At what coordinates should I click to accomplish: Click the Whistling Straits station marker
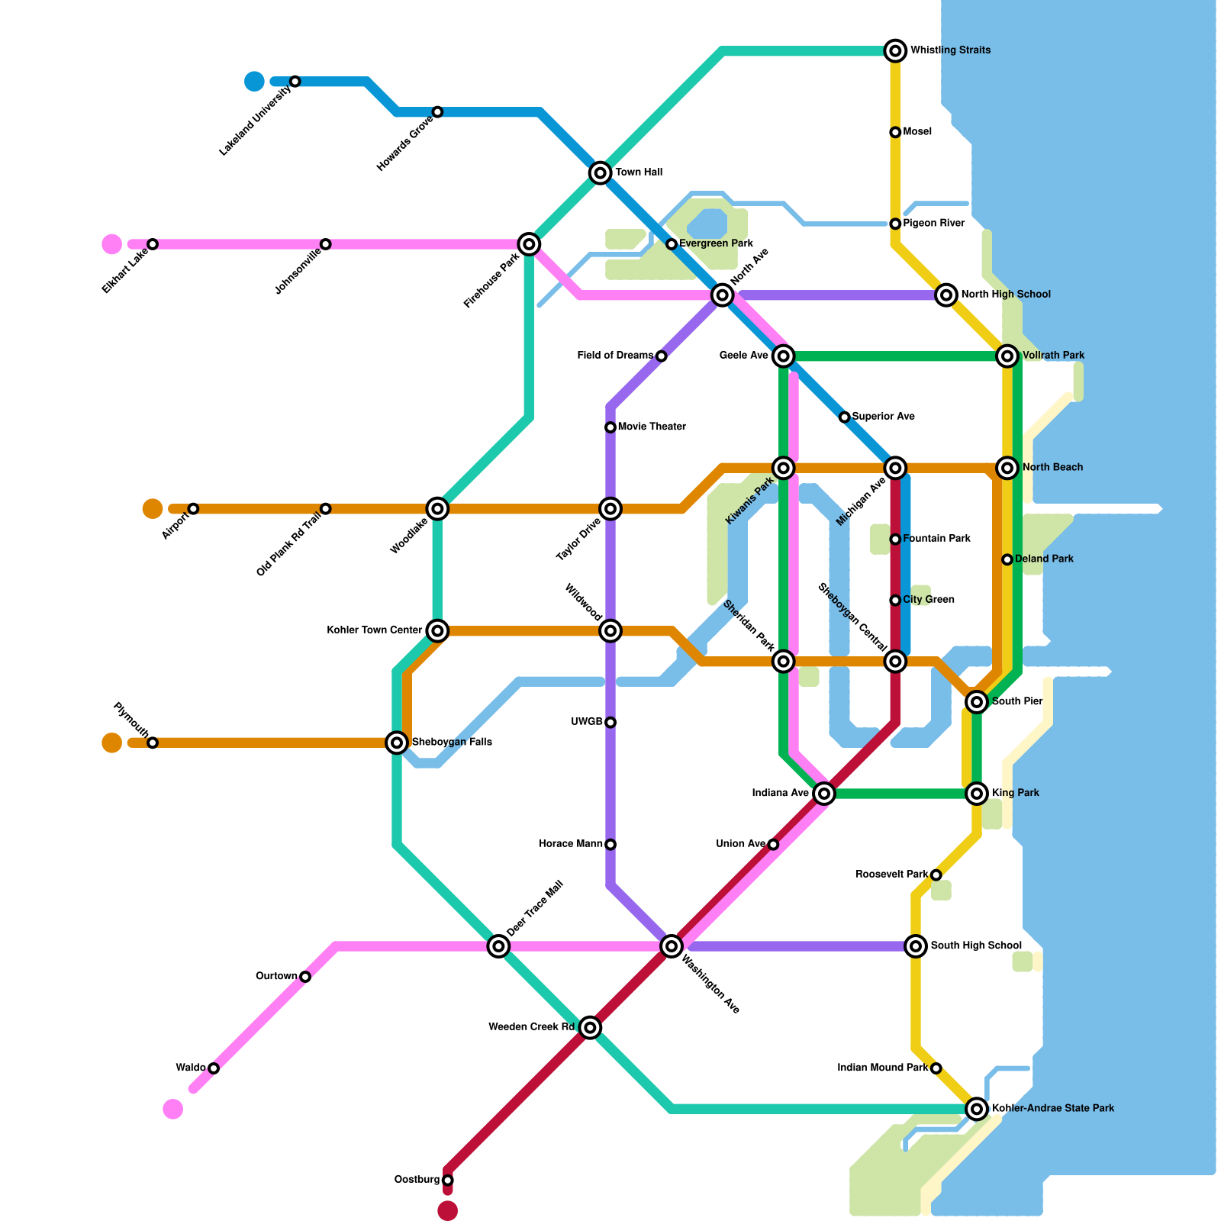(x=895, y=51)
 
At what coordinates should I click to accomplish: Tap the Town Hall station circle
(x=601, y=173)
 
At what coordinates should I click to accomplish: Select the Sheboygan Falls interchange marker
(x=397, y=742)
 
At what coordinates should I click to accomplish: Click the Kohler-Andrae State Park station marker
(x=977, y=1109)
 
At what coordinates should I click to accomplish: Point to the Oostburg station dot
(x=447, y=1181)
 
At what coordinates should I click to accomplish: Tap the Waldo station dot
(x=214, y=1068)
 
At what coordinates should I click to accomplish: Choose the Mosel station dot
(x=895, y=133)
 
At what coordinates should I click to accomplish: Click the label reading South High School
(x=976, y=946)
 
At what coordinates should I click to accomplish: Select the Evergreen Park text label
(x=716, y=244)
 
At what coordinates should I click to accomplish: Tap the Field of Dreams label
(x=615, y=356)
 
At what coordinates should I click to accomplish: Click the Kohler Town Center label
(x=374, y=630)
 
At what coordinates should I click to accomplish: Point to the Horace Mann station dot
(x=610, y=845)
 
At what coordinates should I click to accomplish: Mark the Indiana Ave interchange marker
(x=823, y=794)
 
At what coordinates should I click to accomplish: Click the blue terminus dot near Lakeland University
(x=254, y=81)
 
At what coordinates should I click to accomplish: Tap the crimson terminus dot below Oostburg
(x=448, y=1210)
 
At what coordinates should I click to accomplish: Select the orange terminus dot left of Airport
(x=153, y=508)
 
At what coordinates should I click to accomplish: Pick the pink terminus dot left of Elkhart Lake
(x=112, y=244)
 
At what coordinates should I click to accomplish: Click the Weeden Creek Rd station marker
(x=589, y=1028)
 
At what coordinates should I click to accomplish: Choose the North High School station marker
(x=946, y=295)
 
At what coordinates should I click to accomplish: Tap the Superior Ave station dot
(x=844, y=417)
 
